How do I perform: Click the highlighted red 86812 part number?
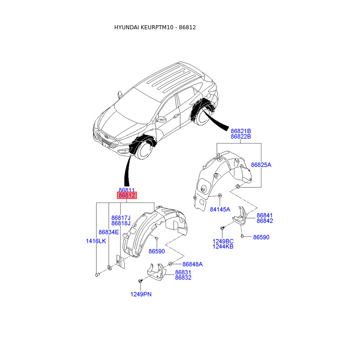click(126, 196)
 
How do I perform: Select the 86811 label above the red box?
click(126, 190)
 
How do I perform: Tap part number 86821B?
click(241, 130)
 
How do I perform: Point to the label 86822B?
click(241, 136)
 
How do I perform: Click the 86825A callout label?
click(261, 165)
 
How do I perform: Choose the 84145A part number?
click(220, 209)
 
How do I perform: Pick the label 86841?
click(265, 215)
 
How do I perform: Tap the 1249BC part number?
click(223, 241)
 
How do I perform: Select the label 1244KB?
click(223, 247)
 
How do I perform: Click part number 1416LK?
click(96, 241)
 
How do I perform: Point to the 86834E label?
click(108, 232)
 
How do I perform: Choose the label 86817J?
click(121, 217)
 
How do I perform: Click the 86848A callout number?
click(192, 264)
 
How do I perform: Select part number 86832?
click(183, 278)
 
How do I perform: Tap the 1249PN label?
click(141, 294)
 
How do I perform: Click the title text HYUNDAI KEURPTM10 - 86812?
click(155, 27)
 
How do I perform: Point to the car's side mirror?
click(162, 119)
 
